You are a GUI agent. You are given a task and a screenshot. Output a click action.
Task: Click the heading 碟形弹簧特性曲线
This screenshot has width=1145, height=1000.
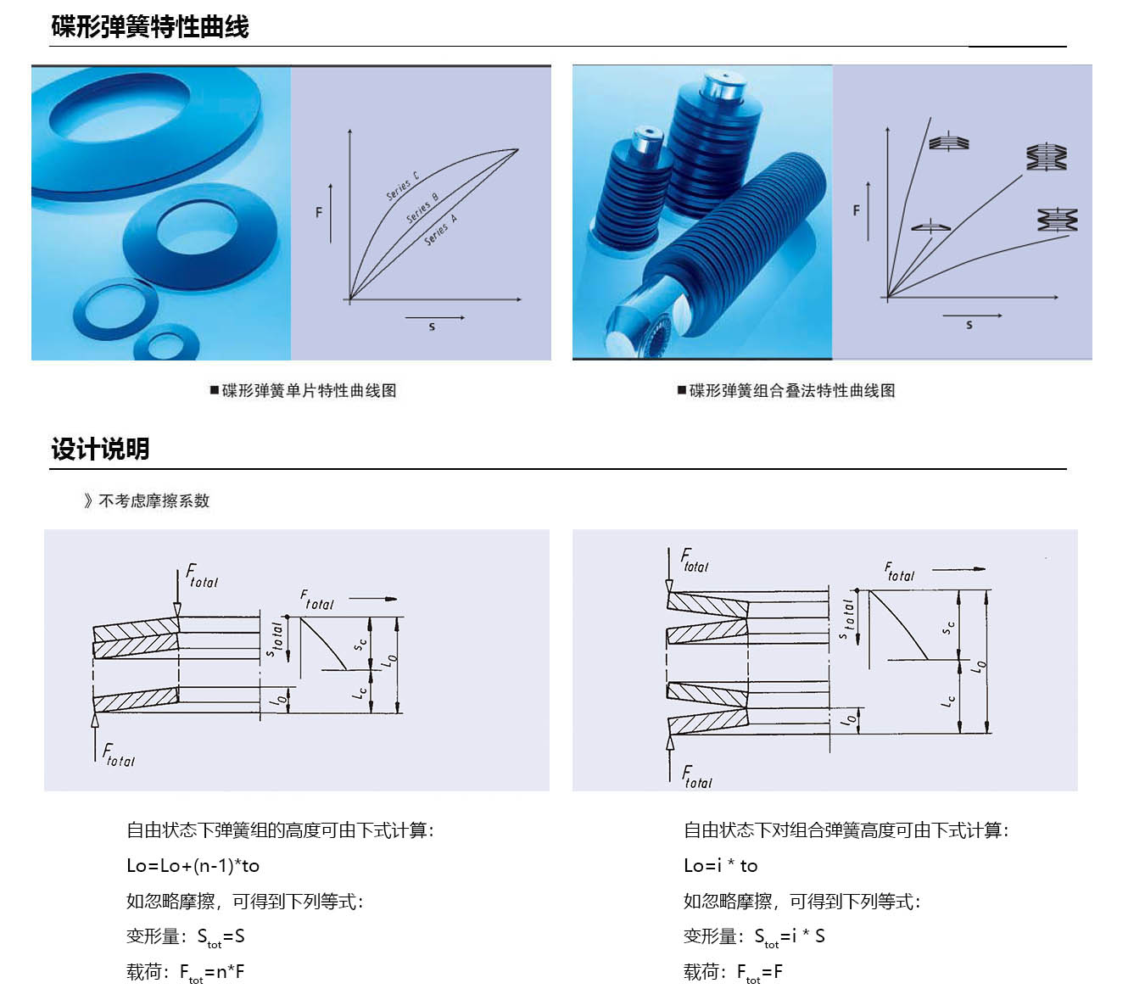point(149,27)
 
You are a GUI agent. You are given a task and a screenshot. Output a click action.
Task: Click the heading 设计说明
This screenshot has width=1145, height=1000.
point(100,449)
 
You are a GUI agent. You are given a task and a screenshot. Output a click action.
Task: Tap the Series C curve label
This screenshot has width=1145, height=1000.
point(403,187)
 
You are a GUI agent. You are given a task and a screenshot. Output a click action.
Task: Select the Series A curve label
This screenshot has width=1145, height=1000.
point(441,230)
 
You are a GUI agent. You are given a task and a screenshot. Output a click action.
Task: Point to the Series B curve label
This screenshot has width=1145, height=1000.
point(422,209)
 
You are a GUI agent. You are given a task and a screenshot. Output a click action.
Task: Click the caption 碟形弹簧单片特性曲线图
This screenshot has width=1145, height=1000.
point(304,390)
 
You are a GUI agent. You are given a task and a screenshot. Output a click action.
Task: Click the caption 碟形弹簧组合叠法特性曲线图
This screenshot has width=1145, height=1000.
point(786,390)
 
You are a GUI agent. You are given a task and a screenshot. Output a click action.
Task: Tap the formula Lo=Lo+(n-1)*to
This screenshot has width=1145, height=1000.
point(193,866)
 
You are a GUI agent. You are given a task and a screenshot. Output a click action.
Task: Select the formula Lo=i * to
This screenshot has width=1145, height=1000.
point(720,866)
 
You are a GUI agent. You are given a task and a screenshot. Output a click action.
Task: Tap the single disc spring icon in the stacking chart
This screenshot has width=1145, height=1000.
point(930,226)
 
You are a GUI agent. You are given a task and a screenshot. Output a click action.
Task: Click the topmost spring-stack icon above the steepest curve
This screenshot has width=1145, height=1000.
point(948,142)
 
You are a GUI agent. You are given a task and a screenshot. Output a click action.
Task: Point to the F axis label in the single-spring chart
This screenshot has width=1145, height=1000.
point(319,212)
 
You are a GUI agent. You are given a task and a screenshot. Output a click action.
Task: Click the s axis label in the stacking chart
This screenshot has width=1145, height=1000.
point(969,325)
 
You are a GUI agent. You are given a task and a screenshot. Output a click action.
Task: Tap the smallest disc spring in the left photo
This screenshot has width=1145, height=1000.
point(166,344)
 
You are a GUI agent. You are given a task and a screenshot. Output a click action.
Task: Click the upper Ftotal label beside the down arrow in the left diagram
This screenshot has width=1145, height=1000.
point(202,577)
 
